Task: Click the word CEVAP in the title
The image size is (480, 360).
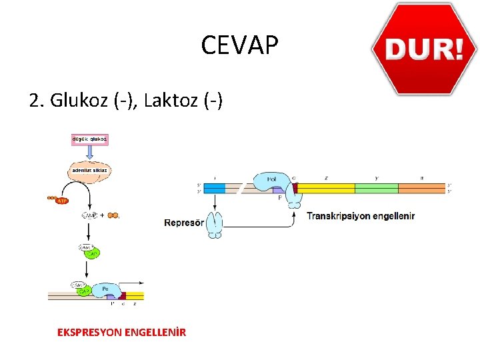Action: pos(239,46)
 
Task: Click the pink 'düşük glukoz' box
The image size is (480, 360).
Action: pos(89,140)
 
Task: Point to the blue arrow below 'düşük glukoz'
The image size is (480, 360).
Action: pos(89,153)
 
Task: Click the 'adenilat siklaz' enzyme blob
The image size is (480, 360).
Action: pos(89,171)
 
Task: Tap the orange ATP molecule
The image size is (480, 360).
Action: pos(61,199)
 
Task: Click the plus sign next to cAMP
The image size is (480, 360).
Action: pos(103,215)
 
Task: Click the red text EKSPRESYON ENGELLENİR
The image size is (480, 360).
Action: pos(122,332)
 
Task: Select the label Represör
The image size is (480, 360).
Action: pos(184,223)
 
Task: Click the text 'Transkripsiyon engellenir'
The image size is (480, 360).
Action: pos(361,216)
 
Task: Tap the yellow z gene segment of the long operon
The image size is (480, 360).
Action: pos(325,189)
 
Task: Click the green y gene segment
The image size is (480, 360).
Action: pos(376,189)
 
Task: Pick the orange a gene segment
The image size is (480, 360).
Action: pos(421,189)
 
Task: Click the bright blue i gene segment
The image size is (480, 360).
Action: pos(214,189)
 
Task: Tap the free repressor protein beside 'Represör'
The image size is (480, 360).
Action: pos(215,224)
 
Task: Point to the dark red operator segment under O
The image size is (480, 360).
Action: pos(294,189)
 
